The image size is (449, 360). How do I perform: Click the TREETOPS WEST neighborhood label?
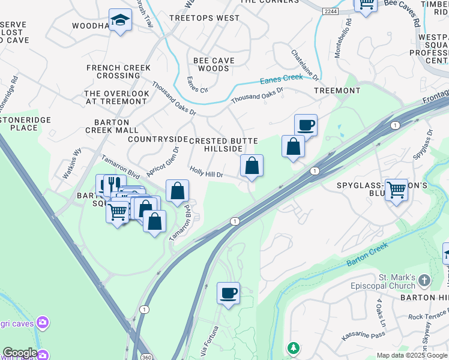(204, 18)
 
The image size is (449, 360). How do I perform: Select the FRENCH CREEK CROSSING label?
(118, 71)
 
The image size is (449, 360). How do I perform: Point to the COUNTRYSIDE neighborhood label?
(154, 139)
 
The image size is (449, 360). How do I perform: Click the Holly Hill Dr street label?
(206, 173)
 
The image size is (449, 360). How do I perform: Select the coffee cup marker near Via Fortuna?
(228, 293)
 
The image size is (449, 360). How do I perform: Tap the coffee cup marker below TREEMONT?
(306, 125)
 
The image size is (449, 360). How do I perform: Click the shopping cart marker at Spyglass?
(396, 190)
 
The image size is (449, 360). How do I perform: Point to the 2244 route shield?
(330, 11)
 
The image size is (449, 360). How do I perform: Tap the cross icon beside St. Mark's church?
(424, 280)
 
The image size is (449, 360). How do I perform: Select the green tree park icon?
(293, 348)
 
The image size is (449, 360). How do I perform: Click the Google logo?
(20, 353)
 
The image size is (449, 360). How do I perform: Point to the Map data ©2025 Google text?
(412, 355)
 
